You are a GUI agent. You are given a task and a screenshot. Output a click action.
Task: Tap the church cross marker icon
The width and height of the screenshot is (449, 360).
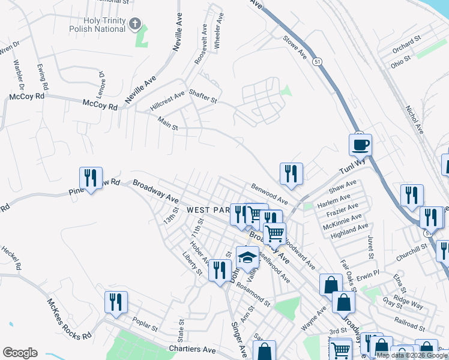pyautogui.click(x=136, y=25)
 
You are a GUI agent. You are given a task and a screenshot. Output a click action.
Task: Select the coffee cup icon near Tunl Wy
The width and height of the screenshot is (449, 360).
pyautogui.click(x=361, y=145)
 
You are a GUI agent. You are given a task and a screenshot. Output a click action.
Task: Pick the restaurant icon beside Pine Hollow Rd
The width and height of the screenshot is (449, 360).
pyautogui.click(x=91, y=178)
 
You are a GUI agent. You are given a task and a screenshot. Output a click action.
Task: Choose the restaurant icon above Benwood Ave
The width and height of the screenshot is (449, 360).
pyautogui.click(x=291, y=173)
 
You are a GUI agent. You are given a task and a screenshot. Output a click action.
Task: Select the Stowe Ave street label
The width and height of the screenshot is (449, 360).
pyautogui.click(x=295, y=47)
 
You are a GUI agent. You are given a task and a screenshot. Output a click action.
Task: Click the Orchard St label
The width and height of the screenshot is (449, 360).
pyautogui.click(x=405, y=44)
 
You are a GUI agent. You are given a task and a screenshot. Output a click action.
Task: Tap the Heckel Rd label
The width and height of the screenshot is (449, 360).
pyautogui.click(x=11, y=257)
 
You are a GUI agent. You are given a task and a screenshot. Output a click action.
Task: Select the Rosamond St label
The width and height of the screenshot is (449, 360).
pyautogui.click(x=248, y=293)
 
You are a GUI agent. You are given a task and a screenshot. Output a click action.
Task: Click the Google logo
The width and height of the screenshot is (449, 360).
pyautogui.click(x=20, y=353)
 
